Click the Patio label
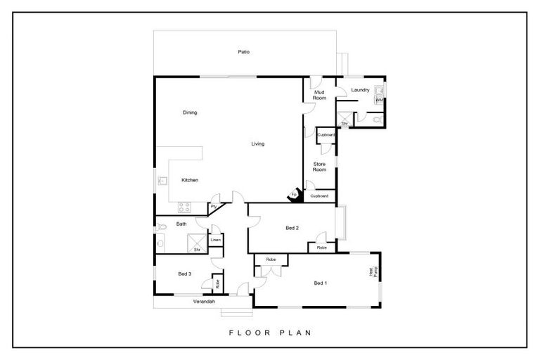point(243,52)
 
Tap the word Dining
point(190,112)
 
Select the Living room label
point(258,144)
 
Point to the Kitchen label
point(190,180)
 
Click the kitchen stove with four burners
point(184,207)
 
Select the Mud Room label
point(320,95)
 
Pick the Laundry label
point(360,90)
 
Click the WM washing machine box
point(379,101)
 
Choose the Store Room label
point(320,167)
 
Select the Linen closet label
point(217,240)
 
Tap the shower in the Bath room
point(198,244)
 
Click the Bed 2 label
point(292,229)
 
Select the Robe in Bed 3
point(218,284)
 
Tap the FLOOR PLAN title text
point(269,333)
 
